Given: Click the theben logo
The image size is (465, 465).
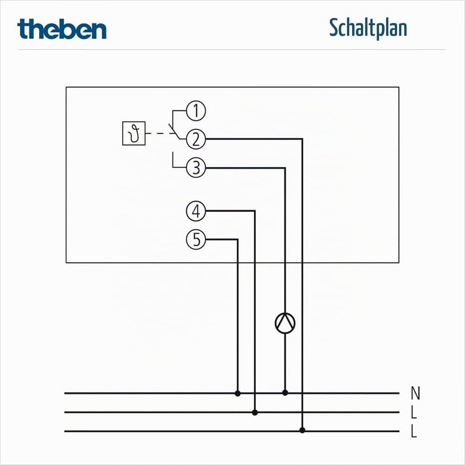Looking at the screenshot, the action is [x=62, y=29].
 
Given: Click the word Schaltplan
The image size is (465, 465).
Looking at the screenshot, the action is [x=368, y=28].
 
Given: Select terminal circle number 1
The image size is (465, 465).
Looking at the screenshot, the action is [x=196, y=111].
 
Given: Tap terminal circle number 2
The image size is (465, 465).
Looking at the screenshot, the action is [x=196, y=139].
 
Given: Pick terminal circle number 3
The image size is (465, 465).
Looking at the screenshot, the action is [x=196, y=167].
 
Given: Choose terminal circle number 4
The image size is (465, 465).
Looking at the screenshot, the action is [x=196, y=211].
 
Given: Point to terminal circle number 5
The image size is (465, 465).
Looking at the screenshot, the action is [x=196, y=239].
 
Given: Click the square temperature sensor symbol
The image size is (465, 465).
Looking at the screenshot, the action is [x=134, y=133].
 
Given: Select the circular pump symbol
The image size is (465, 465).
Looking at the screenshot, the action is [x=285, y=323].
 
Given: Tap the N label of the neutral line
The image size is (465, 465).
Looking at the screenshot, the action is [x=415, y=393].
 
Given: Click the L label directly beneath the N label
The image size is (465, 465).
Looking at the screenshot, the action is [x=414, y=412].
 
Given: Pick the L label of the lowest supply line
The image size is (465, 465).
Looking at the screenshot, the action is [x=414, y=432].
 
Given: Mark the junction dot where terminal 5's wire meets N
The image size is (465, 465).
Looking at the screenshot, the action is [x=238, y=393].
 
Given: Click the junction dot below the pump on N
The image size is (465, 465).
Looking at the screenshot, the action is [x=285, y=393].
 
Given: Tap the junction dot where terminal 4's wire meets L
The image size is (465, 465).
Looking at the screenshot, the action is [x=255, y=412].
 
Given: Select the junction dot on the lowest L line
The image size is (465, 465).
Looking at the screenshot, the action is [x=302, y=430].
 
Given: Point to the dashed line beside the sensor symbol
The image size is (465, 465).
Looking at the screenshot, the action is [x=160, y=133].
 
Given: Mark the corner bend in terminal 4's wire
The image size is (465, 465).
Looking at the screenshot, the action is [x=255, y=211].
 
